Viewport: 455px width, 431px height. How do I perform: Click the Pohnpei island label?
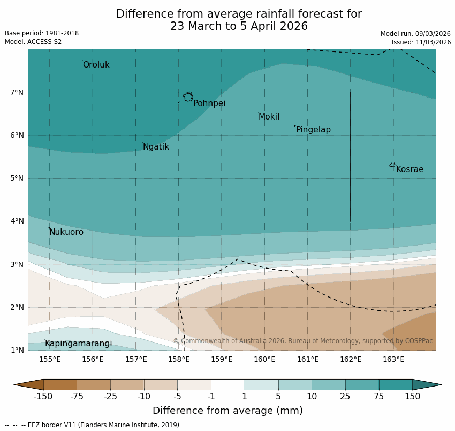click(209, 103)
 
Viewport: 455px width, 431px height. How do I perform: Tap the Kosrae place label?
click(409, 169)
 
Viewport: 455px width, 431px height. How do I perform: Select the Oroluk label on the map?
click(96, 65)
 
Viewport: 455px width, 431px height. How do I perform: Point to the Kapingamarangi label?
click(79, 344)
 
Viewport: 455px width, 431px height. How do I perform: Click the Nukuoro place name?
click(66, 232)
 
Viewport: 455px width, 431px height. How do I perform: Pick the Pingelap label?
click(313, 130)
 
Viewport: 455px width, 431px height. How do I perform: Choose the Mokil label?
click(269, 117)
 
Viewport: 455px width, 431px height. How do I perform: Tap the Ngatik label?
click(156, 147)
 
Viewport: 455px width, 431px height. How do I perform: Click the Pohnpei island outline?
click(188, 97)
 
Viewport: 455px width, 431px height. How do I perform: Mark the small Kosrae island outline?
click(392, 165)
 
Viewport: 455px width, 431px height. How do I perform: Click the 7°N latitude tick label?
click(17, 92)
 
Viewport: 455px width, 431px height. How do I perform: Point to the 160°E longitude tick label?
click(264, 359)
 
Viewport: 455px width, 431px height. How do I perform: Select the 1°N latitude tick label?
click(17, 350)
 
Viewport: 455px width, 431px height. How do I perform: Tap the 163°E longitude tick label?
click(393, 359)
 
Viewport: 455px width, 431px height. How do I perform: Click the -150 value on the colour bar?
click(43, 397)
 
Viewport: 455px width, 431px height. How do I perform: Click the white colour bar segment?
click(227, 384)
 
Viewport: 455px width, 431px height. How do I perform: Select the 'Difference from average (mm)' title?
click(227, 411)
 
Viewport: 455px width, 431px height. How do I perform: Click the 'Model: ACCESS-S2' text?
click(33, 42)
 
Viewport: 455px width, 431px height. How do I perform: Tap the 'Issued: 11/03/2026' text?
click(421, 42)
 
